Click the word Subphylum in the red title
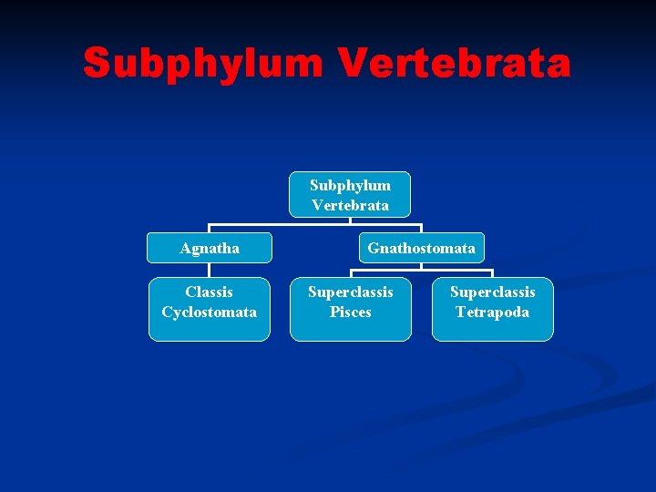[x=202, y=64]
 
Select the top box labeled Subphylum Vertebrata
[x=350, y=195]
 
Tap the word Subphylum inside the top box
[x=350, y=185]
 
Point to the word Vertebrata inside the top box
[x=350, y=205]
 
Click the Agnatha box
[x=210, y=248]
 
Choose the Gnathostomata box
[x=421, y=248]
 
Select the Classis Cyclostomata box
[x=210, y=310]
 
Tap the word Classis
[x=210, y=292]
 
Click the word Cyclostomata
[x=210, y=313]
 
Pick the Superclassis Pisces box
[x=351, y=310]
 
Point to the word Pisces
[x=351, y=313]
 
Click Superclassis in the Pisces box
[x=351, y=292]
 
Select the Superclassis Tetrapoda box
[x=492, y=310]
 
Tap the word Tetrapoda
[x=492, y=313]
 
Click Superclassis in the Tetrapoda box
[x=492, y=292]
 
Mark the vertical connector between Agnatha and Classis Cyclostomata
[x=210, y=270]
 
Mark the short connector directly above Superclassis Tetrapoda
[x=492, y=273]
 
